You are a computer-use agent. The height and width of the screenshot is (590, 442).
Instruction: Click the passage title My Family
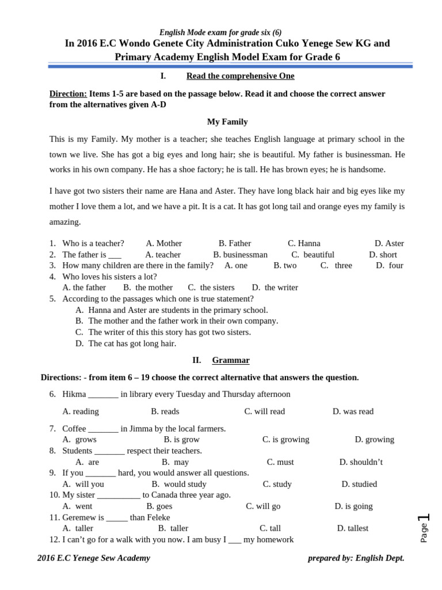click(227, 122)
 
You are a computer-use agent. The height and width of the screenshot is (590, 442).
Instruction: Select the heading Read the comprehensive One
click(240, 76)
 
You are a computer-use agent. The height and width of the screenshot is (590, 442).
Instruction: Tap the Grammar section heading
click(230, 360)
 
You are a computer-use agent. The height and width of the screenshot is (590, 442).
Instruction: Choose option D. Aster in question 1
click(389, 243)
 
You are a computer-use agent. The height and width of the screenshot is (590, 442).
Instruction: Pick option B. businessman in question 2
click(240, 255)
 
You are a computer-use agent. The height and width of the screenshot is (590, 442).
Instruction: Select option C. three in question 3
click(336, 266)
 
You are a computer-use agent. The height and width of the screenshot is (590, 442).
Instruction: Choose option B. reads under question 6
click(165, 411)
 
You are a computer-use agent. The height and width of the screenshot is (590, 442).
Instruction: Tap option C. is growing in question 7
click(285, 439)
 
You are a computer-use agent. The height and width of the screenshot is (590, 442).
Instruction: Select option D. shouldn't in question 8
click(361, 462)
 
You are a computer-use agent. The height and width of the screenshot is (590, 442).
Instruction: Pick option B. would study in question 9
click(178, 484)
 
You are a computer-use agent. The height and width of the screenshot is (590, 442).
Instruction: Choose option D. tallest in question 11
click(352, 528)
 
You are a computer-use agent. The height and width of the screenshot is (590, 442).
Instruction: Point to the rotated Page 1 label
click(424, 527)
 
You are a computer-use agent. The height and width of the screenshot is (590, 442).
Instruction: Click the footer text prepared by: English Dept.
click(356, 558)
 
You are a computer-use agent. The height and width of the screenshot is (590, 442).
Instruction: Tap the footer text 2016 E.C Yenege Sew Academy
click(94, 558)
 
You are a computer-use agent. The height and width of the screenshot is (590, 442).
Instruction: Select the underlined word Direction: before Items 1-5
click(68, 94)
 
